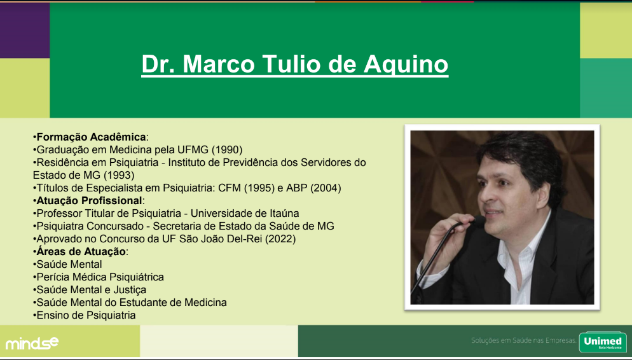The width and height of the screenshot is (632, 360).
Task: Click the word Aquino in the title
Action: coord(406,64)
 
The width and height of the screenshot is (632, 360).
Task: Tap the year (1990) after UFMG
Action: coord(227,150)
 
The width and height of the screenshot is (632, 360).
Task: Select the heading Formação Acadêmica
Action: coord(91,137)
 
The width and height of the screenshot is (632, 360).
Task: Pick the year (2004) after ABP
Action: coord(326,188)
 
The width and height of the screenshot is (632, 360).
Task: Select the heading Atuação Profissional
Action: coord(90,201)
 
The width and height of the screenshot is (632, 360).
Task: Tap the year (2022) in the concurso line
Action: coord(280,239)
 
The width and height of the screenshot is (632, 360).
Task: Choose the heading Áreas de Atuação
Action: coord(81,252)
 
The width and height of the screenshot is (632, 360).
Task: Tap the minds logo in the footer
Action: coord(32,343)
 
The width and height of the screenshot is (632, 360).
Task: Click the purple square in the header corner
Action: coord(25,31)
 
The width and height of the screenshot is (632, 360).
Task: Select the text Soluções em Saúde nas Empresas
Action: coord(523,341)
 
